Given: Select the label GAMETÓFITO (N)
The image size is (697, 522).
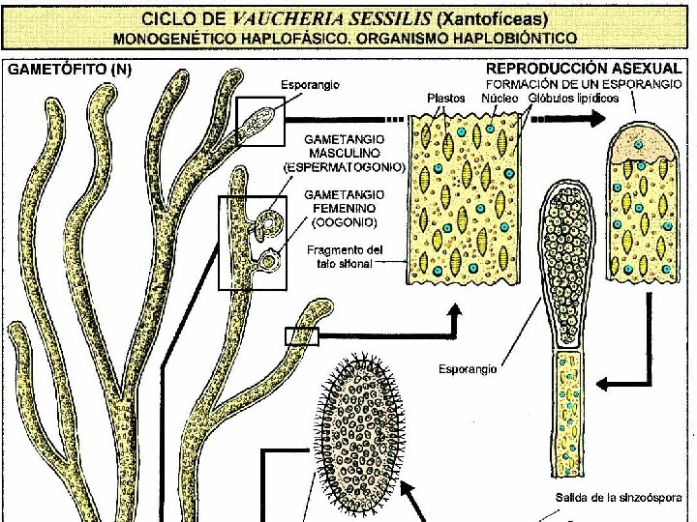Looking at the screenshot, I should [70, 70].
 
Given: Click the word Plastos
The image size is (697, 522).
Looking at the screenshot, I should [445, 98].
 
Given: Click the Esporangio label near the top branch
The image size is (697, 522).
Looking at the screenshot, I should [310, 85].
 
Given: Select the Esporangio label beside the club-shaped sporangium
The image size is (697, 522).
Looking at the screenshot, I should [468, 368].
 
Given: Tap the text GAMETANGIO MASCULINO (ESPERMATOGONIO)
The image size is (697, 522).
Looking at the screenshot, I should [345, 153].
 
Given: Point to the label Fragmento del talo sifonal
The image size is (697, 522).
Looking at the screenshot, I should [345, 256].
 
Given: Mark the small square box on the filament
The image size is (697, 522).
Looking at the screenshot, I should [301, 335].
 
